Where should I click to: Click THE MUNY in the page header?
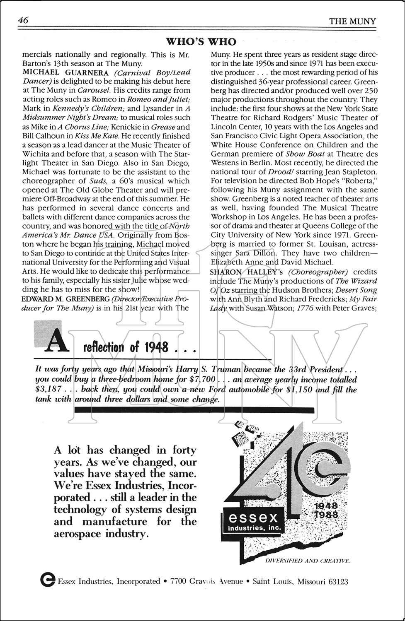coord(352,21)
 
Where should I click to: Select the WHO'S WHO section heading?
coord(201,41)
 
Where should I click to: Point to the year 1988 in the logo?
coord(327,515)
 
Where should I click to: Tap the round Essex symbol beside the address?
coord(48,580)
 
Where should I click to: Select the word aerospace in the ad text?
coord(79,534)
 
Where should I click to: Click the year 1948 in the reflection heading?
coord(156,347)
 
